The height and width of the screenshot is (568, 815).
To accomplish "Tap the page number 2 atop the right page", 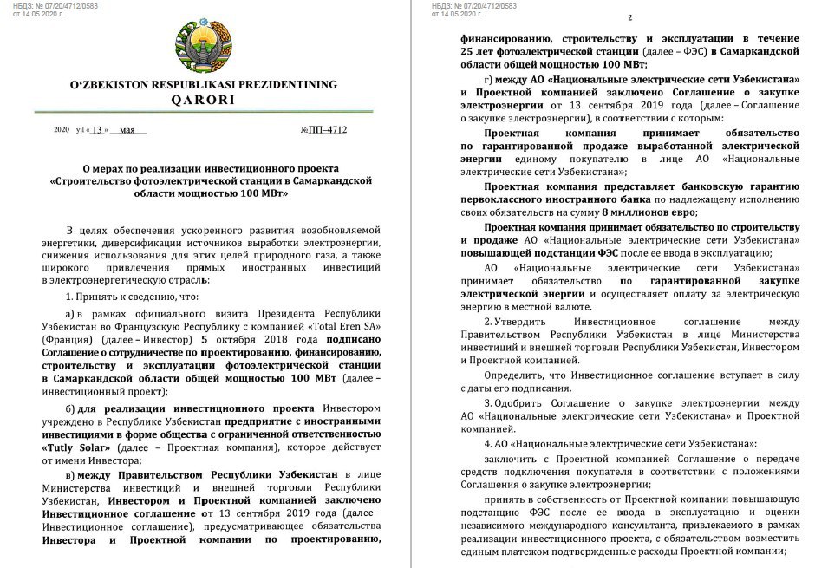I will pos(629,18).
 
